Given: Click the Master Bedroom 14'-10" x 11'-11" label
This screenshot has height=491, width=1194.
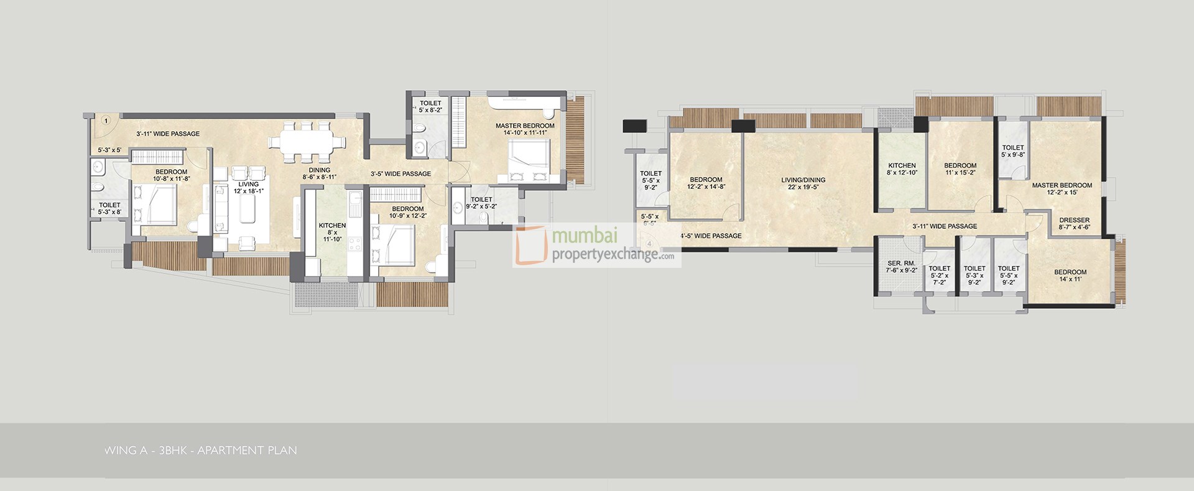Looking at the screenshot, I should (525, 129).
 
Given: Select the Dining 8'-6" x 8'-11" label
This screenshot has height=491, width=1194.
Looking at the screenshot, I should (319, 173).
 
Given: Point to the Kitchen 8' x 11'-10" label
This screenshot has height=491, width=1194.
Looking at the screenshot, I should (332, 232).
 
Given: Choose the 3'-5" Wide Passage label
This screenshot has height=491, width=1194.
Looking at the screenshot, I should (400, 173).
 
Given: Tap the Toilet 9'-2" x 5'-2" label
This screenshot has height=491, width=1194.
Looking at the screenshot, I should (481, 203).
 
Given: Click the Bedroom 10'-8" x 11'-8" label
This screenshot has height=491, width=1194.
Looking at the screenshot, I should (171, 175).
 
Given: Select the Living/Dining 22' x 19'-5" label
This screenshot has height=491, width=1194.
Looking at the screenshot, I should (803, 183).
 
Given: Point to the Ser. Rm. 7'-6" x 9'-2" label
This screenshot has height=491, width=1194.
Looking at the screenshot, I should (902, 267).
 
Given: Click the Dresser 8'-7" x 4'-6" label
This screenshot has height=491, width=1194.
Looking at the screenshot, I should (1074, 223).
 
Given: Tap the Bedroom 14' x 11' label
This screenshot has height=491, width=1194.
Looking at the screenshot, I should (1070, 275).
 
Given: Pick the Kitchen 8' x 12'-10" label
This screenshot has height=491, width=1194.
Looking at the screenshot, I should (902, 169).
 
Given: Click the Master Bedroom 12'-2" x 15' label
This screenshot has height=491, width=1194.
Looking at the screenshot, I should (1062, 188).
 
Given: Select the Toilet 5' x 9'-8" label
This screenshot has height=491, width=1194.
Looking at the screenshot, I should (1013, 151).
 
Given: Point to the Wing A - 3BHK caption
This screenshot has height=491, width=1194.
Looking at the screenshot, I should (201, 450).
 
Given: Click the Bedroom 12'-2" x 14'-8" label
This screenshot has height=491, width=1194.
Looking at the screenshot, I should (705, 183).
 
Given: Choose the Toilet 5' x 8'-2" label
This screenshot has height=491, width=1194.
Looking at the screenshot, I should (430, 106).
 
